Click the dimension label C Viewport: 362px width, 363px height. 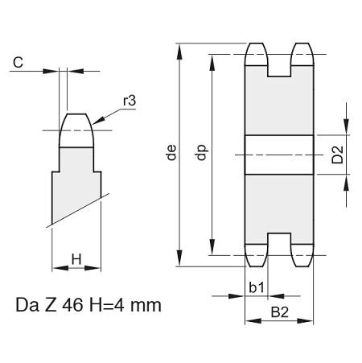pyautogui.click(x=19, y=63)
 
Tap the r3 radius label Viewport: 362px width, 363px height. pyautogui.click(x=130, y=101)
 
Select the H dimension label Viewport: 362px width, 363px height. pyautogui.click(x=76, y=259)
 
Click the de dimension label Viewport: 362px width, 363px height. pyautogui.click(x=171, y=152)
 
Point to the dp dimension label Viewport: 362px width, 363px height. pyautogui.click(x=202, y=152)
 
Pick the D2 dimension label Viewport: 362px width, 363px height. pyautogui.click(x=337, y=155)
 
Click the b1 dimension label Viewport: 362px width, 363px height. pyautogui.click(x=257, y=287)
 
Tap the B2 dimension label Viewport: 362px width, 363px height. pyautogui.click(x=280, y=312)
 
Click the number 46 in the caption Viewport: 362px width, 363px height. pyautogui.click(x=72, y=305)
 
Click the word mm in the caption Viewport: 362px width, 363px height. pyautogui.click(x=146, y=306)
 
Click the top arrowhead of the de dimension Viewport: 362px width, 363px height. pyautogui.click(x=179, y=51)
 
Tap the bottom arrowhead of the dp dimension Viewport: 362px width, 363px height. pyautogui.click(x=212, y=247)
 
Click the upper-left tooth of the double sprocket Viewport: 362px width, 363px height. pyautogui.click(x=257, y=54)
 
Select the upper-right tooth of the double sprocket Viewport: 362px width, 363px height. pyautogui.click(x=302, y=54)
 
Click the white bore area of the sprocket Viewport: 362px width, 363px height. pyautogui.click(x=279, y=155)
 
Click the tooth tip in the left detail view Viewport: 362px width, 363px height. pyautogui.click(x=76, y=130)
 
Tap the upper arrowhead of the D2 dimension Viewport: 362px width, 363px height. pyautogui.click(x=347, y=127)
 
